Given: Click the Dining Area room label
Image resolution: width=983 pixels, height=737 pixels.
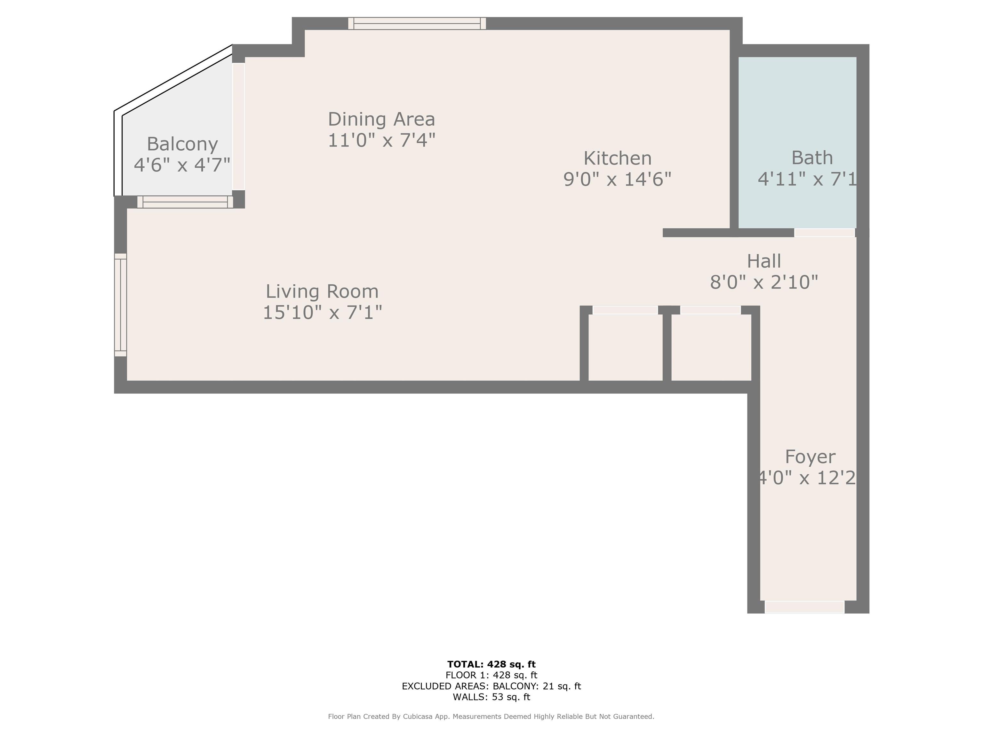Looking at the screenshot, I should point(381,119).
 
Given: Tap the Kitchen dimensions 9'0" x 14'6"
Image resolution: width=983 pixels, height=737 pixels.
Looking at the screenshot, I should point(617,179).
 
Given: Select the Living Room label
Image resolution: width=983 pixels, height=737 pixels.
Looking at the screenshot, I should point(322,291).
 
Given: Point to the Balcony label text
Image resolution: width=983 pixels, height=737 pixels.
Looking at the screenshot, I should point(182,144).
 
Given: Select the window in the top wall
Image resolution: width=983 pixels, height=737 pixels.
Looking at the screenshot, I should point(417,24).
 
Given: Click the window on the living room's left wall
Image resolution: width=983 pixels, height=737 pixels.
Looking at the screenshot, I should point(120,305).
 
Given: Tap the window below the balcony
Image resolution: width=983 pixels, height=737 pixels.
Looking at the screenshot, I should point(185,202).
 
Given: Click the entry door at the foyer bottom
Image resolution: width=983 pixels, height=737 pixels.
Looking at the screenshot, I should point(804,607).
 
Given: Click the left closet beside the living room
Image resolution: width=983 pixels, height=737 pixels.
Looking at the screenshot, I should point(625,347).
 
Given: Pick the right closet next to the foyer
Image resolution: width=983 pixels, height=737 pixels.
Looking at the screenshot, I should point(711,347).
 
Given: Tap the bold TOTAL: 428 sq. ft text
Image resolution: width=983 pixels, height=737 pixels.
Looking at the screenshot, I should point(491,664).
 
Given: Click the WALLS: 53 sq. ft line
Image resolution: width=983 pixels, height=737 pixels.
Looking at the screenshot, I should point(491,697).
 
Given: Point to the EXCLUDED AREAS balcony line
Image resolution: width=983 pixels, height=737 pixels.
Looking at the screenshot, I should point(491,686).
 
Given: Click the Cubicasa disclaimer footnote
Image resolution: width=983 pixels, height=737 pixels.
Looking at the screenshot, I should point(491,717).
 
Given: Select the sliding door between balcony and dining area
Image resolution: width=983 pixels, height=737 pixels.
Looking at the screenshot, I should point(239,127).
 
